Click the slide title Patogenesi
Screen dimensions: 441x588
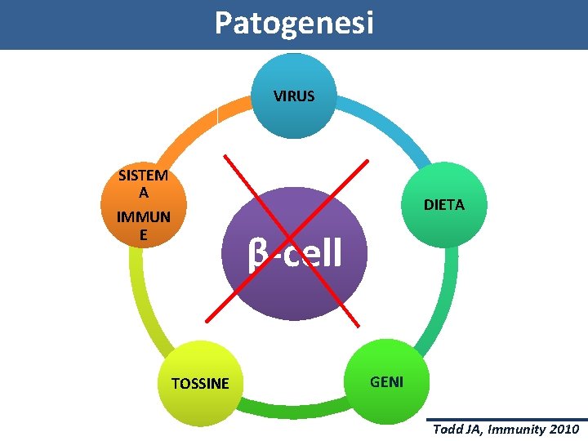tap(294, 22)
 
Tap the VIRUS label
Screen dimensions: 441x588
tap(294, 96)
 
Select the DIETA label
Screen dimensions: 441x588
tap(443, 205)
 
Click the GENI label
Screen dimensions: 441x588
tap(386, 381)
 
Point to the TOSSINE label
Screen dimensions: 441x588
tap(200, 384)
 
